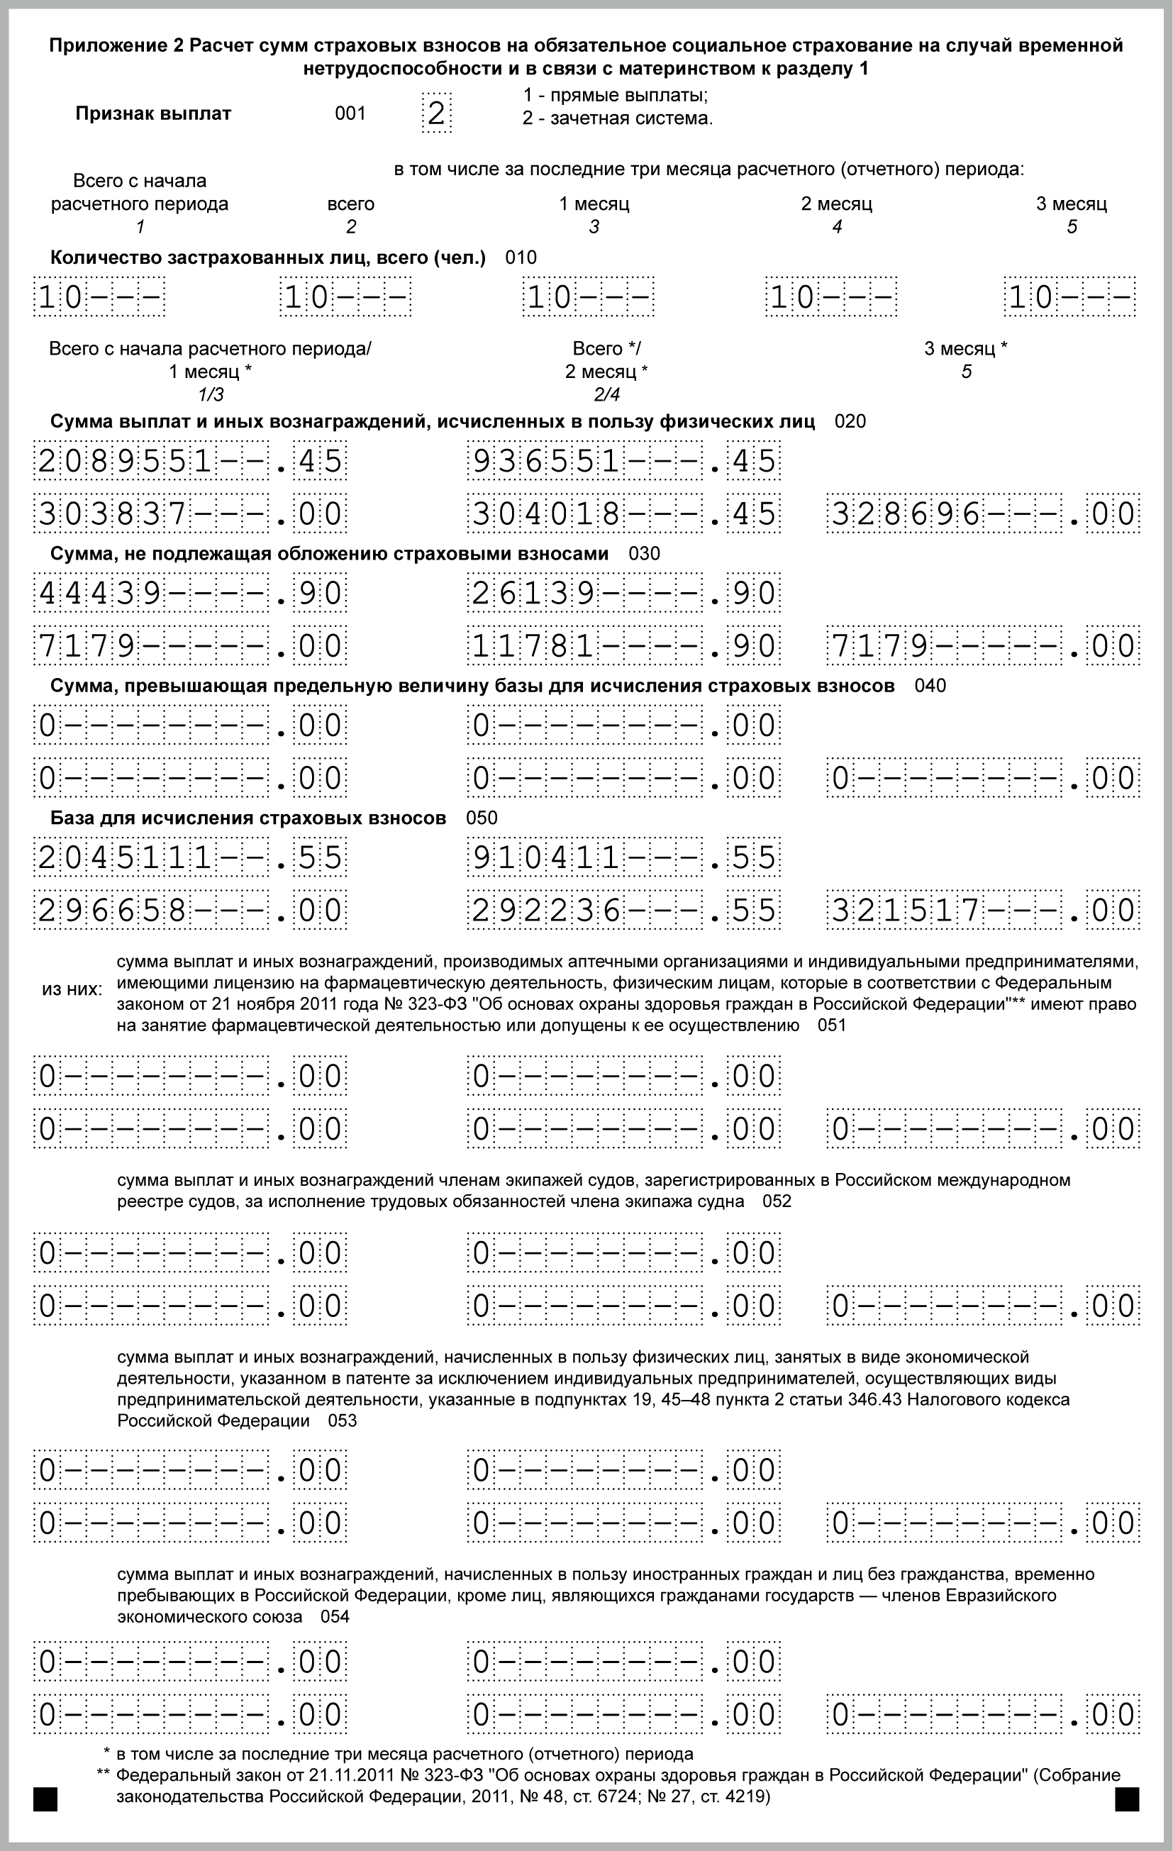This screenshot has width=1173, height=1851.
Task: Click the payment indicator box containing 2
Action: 437,113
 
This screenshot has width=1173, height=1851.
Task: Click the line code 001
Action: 350,113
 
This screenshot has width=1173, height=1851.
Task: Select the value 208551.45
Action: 190,460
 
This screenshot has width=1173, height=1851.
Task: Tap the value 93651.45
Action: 623,460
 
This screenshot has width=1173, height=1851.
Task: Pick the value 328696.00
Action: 983,513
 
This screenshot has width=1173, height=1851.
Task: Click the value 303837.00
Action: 190,513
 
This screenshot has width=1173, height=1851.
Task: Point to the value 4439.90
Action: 190,593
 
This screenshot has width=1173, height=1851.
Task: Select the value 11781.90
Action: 623,645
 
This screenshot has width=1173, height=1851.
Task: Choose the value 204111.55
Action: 190,857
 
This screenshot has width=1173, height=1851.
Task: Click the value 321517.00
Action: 983,910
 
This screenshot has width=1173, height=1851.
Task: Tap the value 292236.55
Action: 623,910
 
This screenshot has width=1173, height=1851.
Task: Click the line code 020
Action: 850,421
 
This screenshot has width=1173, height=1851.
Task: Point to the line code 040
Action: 930,686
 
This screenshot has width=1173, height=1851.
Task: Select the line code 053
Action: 343,1421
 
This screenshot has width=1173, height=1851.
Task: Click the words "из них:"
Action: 72,989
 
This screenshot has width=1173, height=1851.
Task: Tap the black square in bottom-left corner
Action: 45,1799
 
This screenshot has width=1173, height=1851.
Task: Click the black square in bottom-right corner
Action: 1127,1799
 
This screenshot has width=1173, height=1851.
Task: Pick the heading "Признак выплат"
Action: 153,113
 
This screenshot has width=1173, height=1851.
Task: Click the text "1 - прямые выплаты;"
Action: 615,95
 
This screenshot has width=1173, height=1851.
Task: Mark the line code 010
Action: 521,257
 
